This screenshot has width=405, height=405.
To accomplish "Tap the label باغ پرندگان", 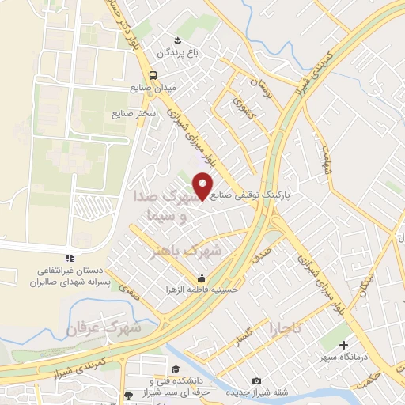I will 175,52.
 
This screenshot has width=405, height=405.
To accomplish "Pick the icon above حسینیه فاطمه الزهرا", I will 202,278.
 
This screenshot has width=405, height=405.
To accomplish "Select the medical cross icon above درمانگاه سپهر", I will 343,345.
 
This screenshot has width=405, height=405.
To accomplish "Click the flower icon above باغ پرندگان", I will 177,40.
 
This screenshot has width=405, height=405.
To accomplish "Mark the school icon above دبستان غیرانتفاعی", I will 70,258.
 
